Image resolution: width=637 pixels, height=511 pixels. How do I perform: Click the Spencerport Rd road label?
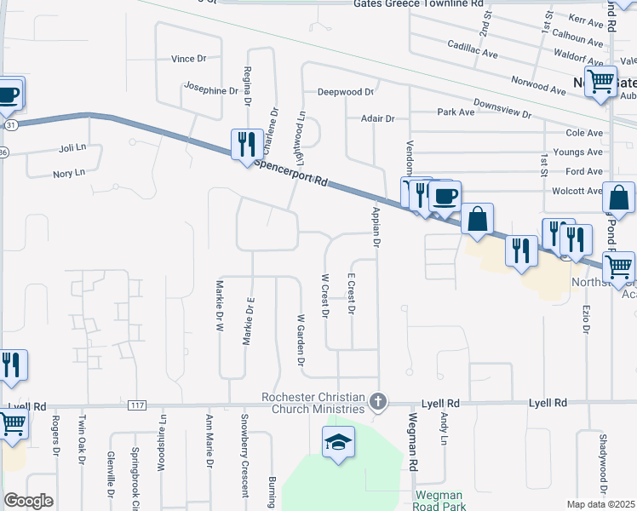pos(291,169)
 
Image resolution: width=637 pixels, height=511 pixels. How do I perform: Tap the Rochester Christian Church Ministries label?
pos(313,404)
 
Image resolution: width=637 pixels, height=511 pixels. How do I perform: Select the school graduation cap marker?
pos(338,443)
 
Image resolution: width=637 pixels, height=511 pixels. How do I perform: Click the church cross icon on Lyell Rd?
pos(379,400)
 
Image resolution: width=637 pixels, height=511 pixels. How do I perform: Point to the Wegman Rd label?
pos(413,443)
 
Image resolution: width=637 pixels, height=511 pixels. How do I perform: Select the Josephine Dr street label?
pos(213,87)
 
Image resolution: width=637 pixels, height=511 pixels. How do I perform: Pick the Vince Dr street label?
pos(189,59)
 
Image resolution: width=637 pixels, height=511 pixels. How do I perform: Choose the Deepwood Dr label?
pos(346,92)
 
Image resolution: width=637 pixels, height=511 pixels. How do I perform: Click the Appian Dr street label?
pos(374,226)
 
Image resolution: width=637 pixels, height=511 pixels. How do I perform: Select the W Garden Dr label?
pos(301,339)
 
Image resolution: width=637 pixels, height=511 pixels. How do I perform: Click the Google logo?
pos(29,502)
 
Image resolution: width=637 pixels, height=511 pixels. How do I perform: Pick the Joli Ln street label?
pos(73,147)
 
